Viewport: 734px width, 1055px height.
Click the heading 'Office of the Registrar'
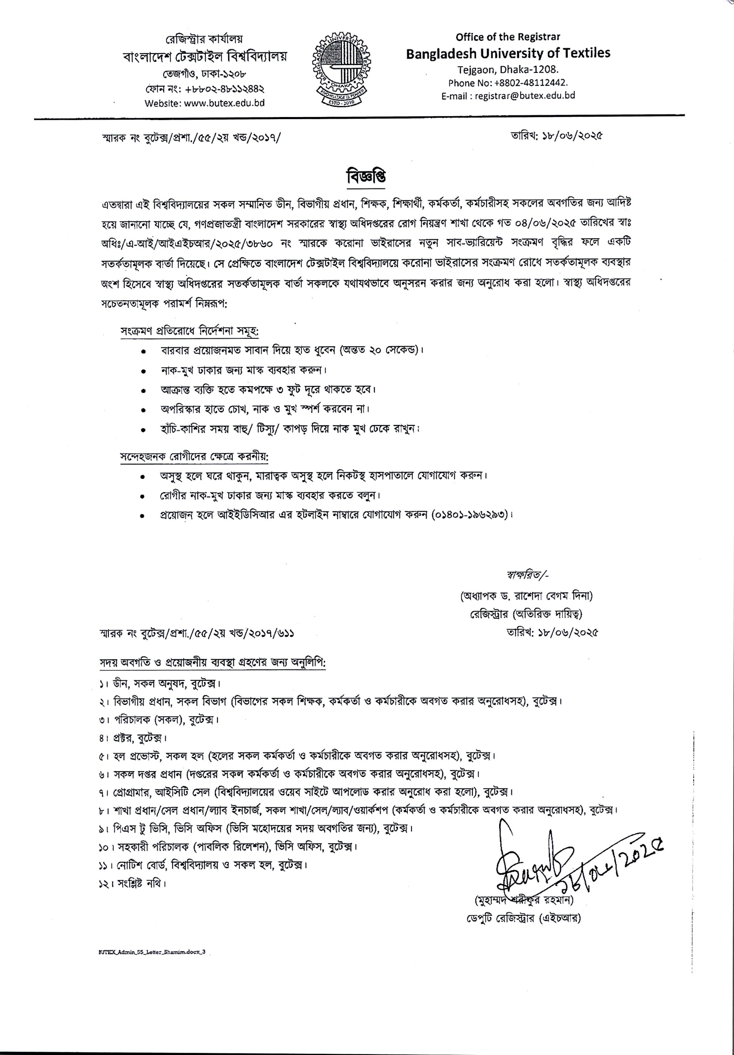507,37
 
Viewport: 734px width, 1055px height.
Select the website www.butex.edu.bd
224,103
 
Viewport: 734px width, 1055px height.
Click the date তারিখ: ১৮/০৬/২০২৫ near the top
556,136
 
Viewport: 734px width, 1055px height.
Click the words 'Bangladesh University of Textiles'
507,53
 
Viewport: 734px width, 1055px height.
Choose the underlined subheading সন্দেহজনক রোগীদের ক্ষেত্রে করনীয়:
194,457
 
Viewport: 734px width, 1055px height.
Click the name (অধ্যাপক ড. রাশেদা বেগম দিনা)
526,596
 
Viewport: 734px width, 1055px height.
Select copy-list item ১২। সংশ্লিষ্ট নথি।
132,883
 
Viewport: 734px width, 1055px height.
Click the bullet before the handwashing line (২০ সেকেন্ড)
144,351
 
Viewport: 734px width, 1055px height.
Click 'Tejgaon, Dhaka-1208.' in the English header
507,70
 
